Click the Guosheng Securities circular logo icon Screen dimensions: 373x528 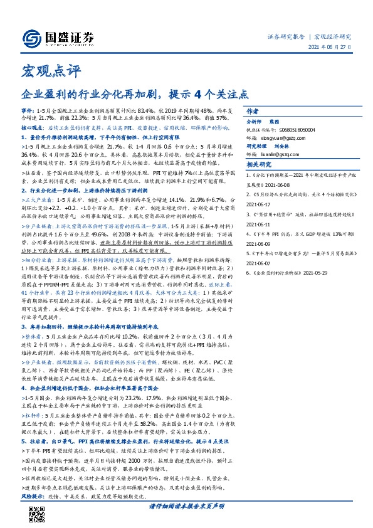[x=29, y=36]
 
